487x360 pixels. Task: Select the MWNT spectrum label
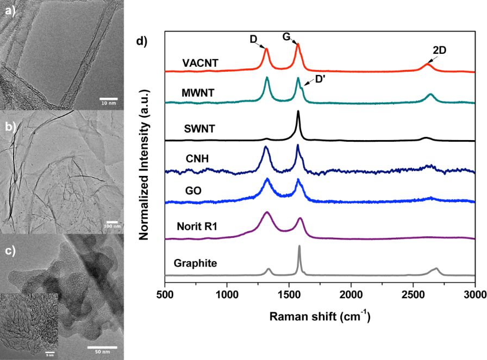[x=199, y=93]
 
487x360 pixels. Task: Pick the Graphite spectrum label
[x=196, y=264]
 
